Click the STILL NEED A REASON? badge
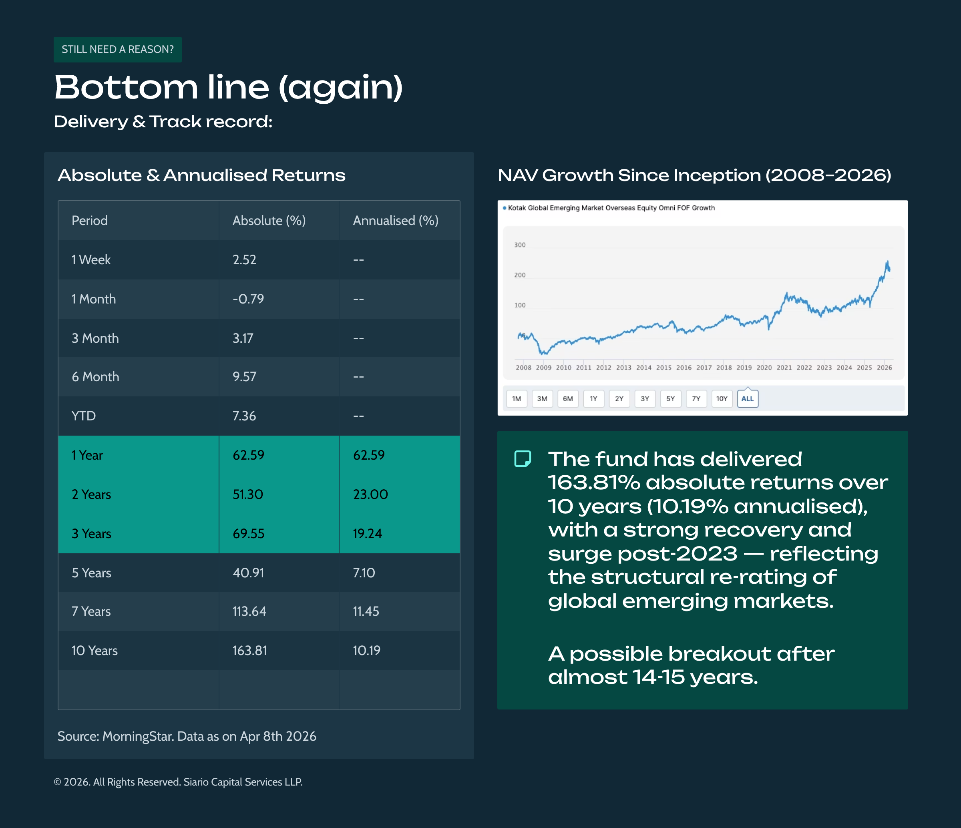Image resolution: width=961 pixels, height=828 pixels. pyautogui.click(x=117, y=50)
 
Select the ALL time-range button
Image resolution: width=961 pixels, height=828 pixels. pyautogui.click(x=747, y=398)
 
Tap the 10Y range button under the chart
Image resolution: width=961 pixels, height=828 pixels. pyautogui.click(x=722, y=398)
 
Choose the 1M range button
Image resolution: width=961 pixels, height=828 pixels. pyautogui.click(x=516, y=398)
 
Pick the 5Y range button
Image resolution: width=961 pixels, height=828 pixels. pyautogui.click(x=670, y=398)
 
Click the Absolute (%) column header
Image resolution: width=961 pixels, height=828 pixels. pyautogui.click(x=269, y=220)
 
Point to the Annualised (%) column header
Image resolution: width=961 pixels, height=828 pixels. pyautogui.click(x=396, y=220)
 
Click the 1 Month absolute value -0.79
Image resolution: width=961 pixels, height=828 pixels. pyautogui.click(x=248, y=299)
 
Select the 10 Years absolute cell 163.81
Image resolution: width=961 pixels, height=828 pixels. pyautogui.click(x=249, y=650)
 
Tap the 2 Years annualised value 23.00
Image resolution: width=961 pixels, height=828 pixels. pyautogui.click(x=370, y=494)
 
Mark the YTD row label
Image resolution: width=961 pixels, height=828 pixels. pyautogui.click(x=83, y=416)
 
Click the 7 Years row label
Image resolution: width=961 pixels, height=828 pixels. pyautogui.click(x=91, y=611)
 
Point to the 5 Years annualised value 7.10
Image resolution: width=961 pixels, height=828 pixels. pyautogui.click(x=364, y=573)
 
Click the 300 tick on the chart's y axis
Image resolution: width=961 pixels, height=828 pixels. pyautogui.click(x=519, y=245)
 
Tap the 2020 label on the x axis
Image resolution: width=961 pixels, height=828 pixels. pyautogui.click(x=764, y=368)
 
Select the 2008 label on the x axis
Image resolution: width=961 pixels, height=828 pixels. pyautogui.click(x=523, y=368)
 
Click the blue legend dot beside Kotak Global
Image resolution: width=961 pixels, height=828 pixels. pyautogui.click(x=504, y=208)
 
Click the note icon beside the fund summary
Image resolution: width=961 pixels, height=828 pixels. pyautogui.click(x=523, y=459)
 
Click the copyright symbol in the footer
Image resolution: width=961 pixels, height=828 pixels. pyautogui.click(x=58, y=782)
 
